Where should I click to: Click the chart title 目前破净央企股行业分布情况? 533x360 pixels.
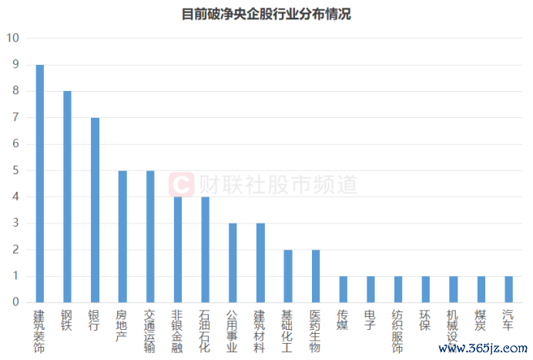pyautogui.click(x=266, y=14)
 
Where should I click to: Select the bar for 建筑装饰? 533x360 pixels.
pyautogui.click(x=40, y=183)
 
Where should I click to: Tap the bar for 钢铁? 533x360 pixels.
pyautogui.click(x=68, y=197)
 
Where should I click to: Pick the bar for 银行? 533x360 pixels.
pyautogui.click(x=95, y=210)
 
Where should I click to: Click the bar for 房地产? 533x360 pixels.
pyautogui.click(x=122, y=237)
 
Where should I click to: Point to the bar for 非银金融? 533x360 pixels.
pyautogui.click(x=178, y=250)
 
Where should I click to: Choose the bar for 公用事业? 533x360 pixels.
pyautogui.click(x=233, y=263)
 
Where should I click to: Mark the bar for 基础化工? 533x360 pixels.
pyautogui.click(x=288, y=276)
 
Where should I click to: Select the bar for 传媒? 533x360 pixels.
pyautogui.click(x=343, y=289)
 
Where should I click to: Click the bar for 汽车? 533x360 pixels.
pyautogui.click(x=508, y=289)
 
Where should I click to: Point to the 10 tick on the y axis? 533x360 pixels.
pyautogui.click(x=12, y=39)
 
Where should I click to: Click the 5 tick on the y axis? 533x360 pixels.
pyautogui.click(x=15, y=170)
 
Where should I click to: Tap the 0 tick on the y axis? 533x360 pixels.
pyautogui.click(x=15, y=302)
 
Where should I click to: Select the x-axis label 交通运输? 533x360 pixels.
pyautogui.click(x=150, y=331)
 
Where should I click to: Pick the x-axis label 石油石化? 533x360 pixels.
pyautogui.click(x=205, y=331)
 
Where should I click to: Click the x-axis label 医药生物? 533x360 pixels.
pyautogui.click(x=315, y=331)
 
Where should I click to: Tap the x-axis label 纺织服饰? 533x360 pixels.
pyautogui.click(x=398, y=331)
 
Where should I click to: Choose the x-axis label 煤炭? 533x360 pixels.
pyautogui.click(x=481, y=320)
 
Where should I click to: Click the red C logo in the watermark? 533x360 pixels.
pyautogui.click(x=180, y=184)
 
